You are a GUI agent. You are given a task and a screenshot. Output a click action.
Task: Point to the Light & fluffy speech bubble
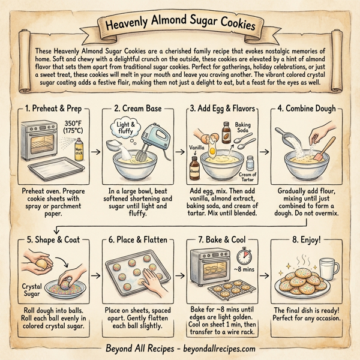[127, 128]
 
